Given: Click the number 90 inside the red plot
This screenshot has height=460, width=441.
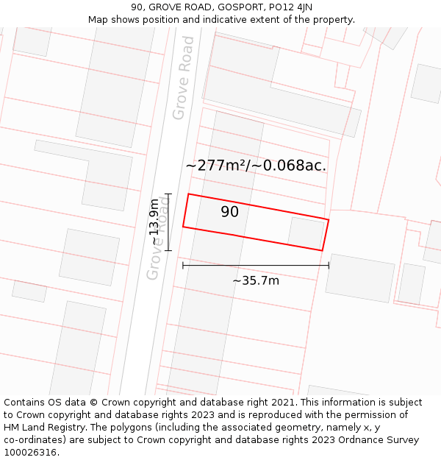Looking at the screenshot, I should click(229, 212).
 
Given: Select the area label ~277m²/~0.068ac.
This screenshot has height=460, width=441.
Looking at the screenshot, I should click(256, 165).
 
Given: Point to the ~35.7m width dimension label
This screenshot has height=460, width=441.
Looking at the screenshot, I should click(256, 280).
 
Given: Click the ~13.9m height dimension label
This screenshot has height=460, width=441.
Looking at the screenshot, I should click(154, 222).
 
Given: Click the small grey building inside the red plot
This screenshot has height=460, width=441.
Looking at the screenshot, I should click(306, 233).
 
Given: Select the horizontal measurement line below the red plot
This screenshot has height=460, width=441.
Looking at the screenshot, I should click(256, 265).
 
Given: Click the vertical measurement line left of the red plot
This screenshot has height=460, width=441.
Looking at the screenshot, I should click(168, 222).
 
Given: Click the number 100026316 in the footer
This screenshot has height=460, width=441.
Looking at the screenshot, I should click(31, 453).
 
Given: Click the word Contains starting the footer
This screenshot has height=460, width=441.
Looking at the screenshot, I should click(26, 403).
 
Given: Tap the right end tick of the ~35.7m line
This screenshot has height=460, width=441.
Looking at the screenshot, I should click(329, 265).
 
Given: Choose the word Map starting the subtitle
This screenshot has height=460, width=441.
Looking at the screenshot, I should click(98, 20).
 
